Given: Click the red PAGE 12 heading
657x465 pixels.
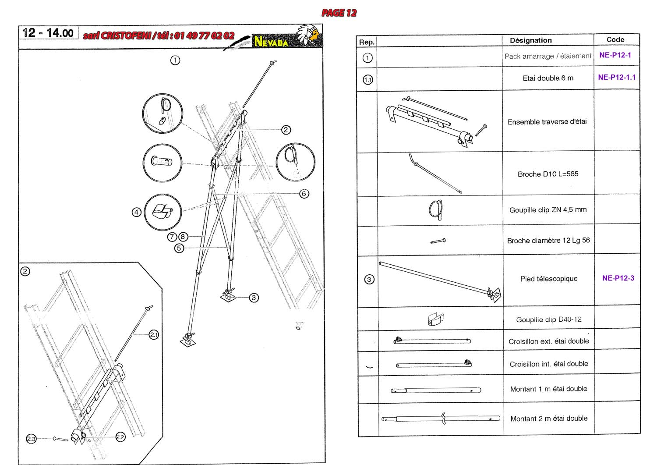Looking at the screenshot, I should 339,13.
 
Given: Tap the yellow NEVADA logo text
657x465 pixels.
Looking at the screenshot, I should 271,42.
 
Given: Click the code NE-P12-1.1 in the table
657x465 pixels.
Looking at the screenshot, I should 617,77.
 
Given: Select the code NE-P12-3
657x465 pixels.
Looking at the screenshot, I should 618,278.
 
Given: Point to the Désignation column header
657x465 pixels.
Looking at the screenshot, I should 531,40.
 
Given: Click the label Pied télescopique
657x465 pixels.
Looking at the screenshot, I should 549,279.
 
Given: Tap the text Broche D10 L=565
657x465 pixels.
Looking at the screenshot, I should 548,174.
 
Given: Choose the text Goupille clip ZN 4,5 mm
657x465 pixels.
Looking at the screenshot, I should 548,210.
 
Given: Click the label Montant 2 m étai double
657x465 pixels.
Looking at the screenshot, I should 549,419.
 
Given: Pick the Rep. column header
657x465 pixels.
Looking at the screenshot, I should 367,42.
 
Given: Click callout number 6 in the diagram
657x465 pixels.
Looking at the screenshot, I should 304,194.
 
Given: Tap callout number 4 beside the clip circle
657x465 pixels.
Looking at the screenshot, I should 137,212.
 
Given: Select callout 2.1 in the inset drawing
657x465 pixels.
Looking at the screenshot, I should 154,335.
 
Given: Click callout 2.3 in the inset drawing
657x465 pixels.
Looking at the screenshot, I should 31,439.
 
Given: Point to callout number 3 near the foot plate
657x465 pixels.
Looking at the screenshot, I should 254,298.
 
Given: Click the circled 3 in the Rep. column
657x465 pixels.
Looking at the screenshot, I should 369,279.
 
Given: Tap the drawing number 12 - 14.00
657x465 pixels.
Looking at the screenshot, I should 48,33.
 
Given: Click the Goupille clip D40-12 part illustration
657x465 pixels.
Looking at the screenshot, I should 435,319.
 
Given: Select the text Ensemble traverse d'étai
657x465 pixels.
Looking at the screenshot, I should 547,122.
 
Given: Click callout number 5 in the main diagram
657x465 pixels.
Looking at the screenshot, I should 179,248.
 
